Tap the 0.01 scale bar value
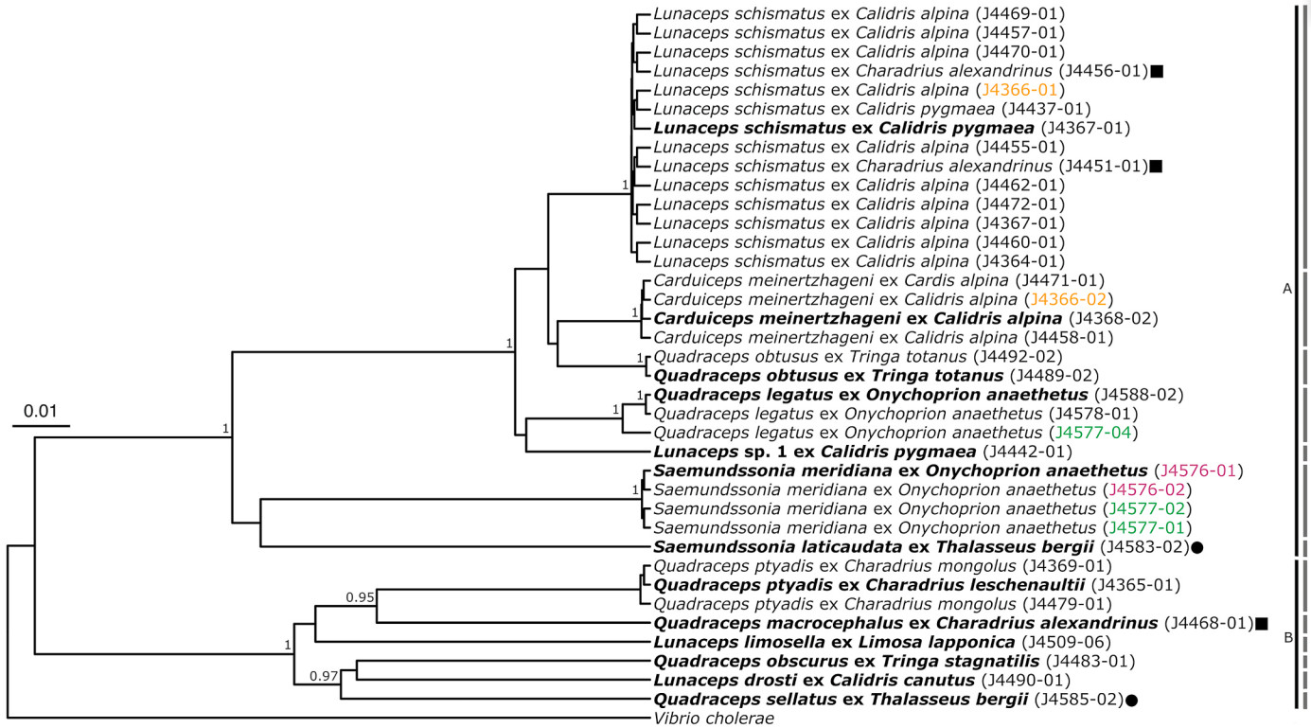point(41,412)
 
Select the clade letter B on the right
point(1287,637)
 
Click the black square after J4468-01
point(1262,623)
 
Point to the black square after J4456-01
point(1157,71)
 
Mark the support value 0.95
point(360,597)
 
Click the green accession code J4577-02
point(1145,508)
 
